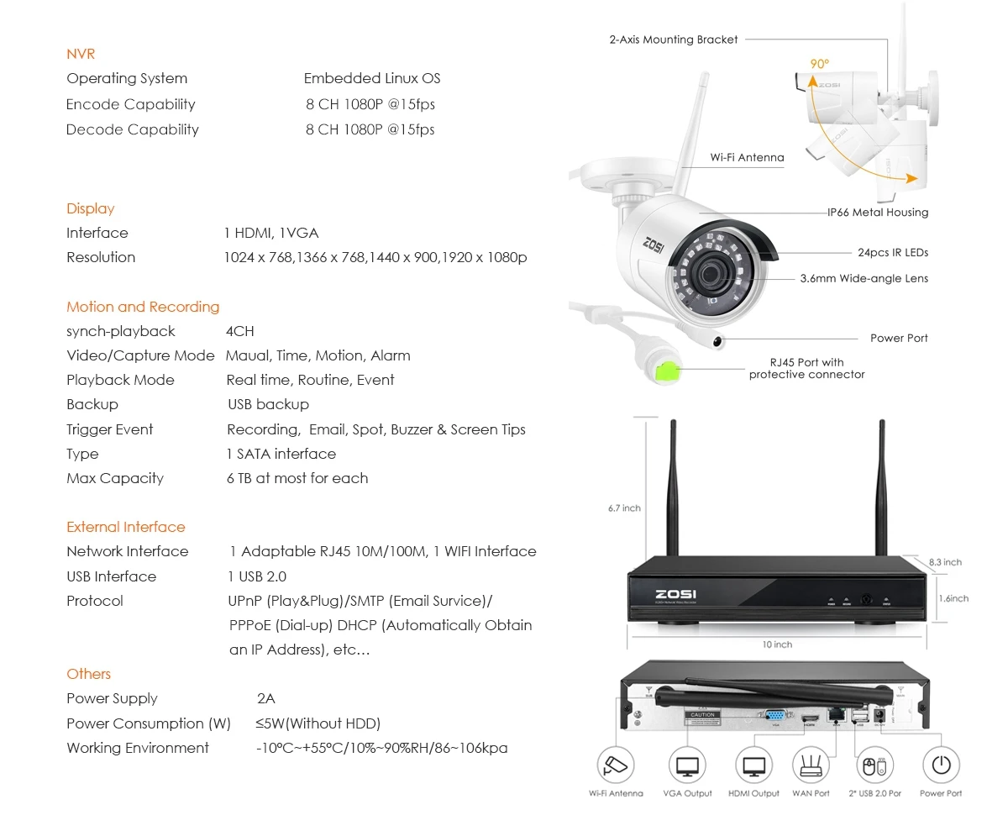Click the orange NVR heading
81,54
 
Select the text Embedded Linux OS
372,78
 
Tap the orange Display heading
90,208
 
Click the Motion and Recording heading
143,307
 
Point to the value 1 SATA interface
281,454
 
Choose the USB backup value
269,404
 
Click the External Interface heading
126,527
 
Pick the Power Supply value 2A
266,698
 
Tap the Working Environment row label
138,748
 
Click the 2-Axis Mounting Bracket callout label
674,39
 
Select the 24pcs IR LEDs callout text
893,252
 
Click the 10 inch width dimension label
777,644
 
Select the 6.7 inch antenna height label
624,508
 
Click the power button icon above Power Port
941,765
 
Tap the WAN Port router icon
811,765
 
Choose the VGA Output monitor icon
687,765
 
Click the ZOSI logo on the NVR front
675,594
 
